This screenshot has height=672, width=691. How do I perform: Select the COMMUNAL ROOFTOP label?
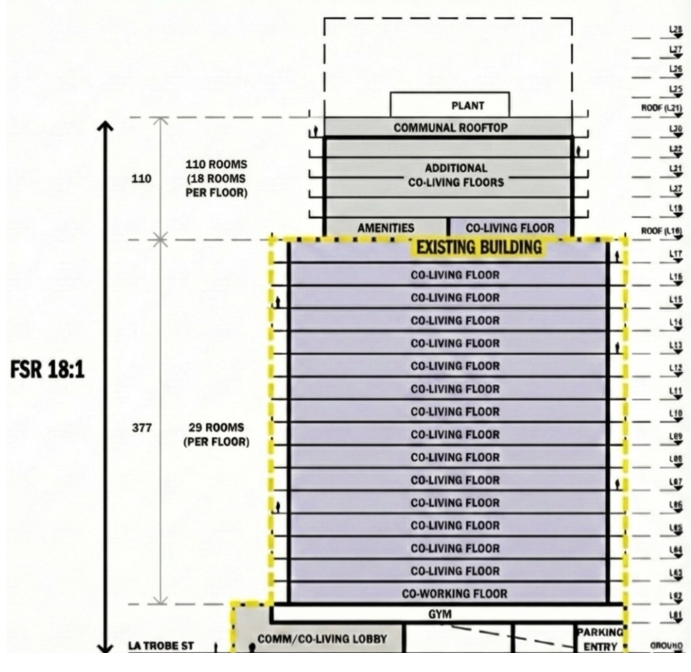point(450,128)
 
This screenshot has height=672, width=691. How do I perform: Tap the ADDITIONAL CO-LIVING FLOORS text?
point(455,175)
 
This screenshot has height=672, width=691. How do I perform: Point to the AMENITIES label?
point(386,228)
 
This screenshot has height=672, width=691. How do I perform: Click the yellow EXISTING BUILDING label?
point(479,247)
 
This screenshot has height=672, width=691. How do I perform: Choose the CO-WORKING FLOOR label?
point(454,593)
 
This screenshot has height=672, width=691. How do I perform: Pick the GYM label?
point(440,614)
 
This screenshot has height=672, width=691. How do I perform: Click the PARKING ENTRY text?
point(600,639)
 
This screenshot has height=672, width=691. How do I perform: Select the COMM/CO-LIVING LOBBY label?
point(322,639)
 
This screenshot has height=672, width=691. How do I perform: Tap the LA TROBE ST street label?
point(161,646)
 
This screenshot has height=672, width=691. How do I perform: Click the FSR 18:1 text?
point(48,369)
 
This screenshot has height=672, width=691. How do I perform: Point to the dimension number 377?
point(142,428)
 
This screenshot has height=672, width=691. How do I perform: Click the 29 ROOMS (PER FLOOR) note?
point(216,434)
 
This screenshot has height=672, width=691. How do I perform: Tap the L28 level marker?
point(676,30)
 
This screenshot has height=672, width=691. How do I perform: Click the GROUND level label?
point(666,646)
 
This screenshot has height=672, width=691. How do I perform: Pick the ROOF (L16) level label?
point(661,231)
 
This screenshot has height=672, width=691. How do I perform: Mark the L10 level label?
point(676,414)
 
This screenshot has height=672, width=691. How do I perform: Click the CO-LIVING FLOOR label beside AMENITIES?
point(510,228)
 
